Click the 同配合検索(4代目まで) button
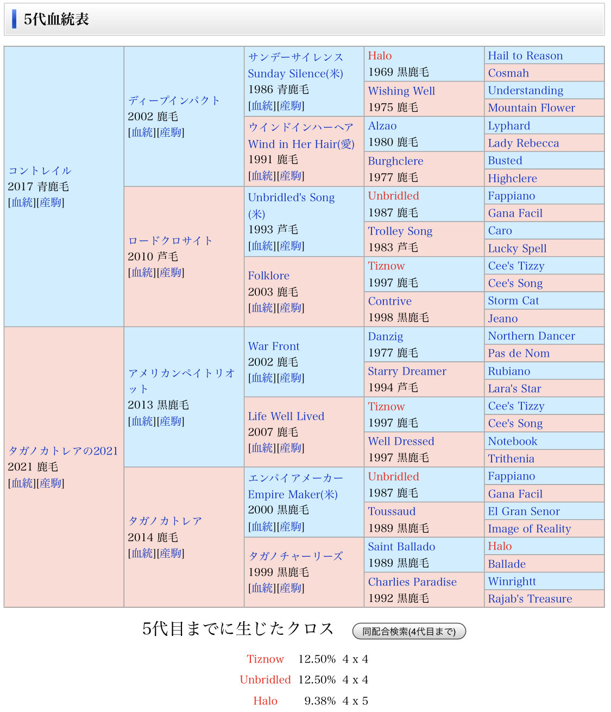pyautogui.click(x=409, y=631)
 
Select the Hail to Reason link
pyautogui.click(x=525, y=56)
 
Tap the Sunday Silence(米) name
pyautogui.click(x=295, y=74)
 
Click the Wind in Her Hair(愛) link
pyautogui.click(x=301, y=144)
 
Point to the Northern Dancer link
pyautogui.click(x=531, y=336)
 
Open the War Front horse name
pyautogui.click(x=273, y=346)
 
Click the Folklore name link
pyautogui.click(x=268, y=276)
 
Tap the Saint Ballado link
pyautogui.click(x=401, y=547)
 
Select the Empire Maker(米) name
pyautogui.click(x=292, y=494)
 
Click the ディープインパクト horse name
pyautogui.click(x=174, y=100)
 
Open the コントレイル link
pyautogui.click(x=40, y=171)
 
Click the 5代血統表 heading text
pyautogui.click(x=56, y=20)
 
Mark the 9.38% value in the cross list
pyautogui.click(x=319, y=701)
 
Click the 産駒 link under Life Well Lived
pyautogui.click(x=290, y=448)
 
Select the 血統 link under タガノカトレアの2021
pyautogui.click(x=22, y=483)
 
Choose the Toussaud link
pyautogui.click(x=392, y=512)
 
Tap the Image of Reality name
pyautogui.click(x=529, y=529)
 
